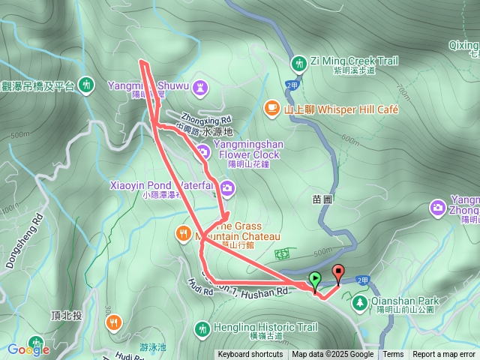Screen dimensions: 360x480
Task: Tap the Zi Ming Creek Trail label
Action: point(353,61)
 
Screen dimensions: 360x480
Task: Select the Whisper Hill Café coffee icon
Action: point(271,109)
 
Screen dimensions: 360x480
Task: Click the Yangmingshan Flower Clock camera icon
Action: point(203,151)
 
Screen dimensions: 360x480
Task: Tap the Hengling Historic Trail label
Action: point(265,328)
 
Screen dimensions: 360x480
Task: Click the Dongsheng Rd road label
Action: point(35,224)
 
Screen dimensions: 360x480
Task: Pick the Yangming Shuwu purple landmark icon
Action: point(200,86)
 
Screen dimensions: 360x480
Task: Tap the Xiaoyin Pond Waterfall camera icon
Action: point(226,190)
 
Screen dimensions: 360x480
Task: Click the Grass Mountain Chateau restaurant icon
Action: point(183,232)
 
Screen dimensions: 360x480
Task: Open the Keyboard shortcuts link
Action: point(250,355)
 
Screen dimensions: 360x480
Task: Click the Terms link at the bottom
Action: point(393,355)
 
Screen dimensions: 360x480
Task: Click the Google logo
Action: point(28,349)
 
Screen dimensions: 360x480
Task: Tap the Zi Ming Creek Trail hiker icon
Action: point(299,61)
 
